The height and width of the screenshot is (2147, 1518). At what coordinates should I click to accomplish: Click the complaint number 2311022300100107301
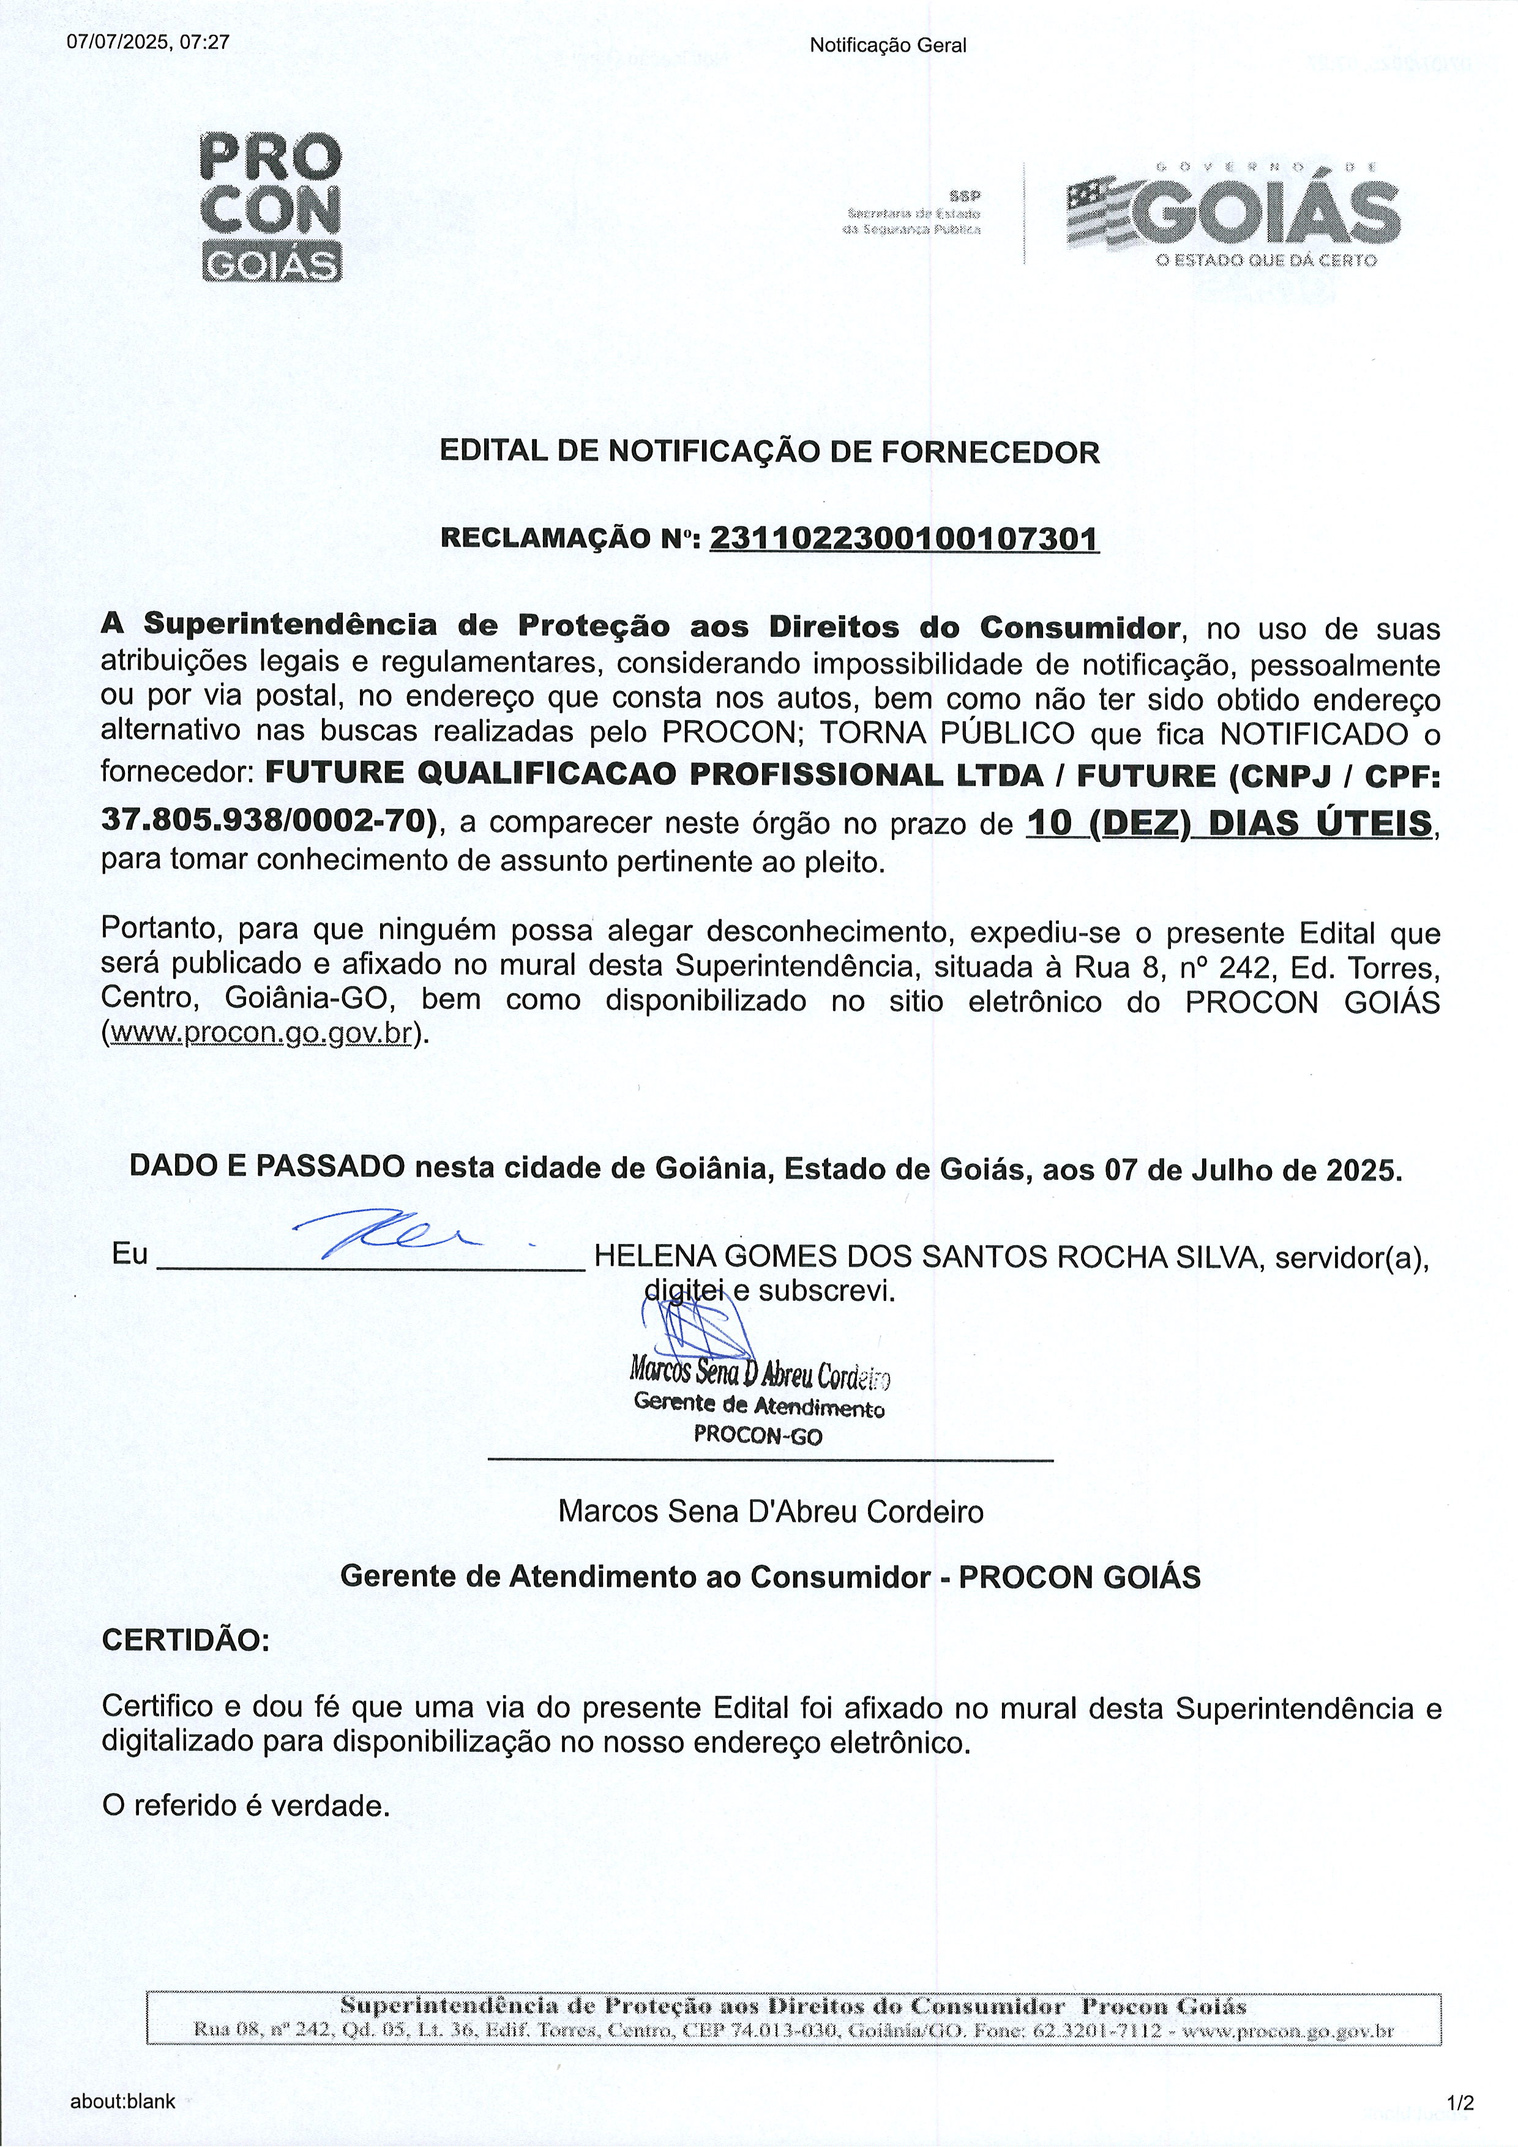904,539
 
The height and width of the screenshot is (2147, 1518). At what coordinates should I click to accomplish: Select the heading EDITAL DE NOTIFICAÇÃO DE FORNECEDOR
769,452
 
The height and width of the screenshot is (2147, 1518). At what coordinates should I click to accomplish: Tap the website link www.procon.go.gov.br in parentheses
262,1034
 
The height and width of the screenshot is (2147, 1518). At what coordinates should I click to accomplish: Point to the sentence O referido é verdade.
245,1805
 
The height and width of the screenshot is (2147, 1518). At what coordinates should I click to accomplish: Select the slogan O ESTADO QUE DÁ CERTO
1266,260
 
